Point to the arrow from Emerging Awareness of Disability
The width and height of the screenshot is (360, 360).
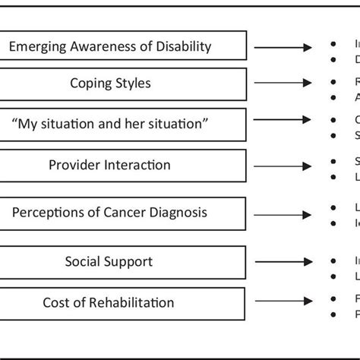coord(283,48)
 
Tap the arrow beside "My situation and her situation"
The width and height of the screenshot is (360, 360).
coord(283,119)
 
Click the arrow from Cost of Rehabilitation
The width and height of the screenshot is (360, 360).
coord(283,302)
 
